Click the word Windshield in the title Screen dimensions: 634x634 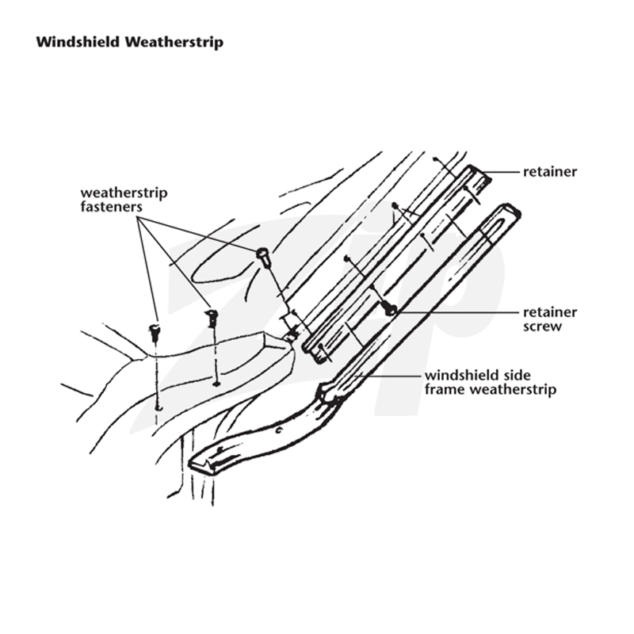(x=78, y=42)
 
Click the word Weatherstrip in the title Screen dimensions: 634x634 (x=174, y=43)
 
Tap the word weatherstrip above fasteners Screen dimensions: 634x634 (x=124, y=193)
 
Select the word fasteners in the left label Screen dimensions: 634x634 (x=111, y=207)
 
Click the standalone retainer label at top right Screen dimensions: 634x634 (x=550, y=172)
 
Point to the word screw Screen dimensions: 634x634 (x=542, y=327)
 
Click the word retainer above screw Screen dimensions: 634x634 (x=550, y=312)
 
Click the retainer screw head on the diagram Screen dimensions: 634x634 (x=390, y=310)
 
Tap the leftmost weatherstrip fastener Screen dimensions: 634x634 (x=155, y=331)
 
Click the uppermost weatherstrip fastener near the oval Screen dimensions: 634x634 (x=263, y=256)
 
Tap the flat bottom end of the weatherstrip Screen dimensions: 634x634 (x=202, y=465)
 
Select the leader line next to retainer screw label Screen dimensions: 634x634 (x=457, y=312)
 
